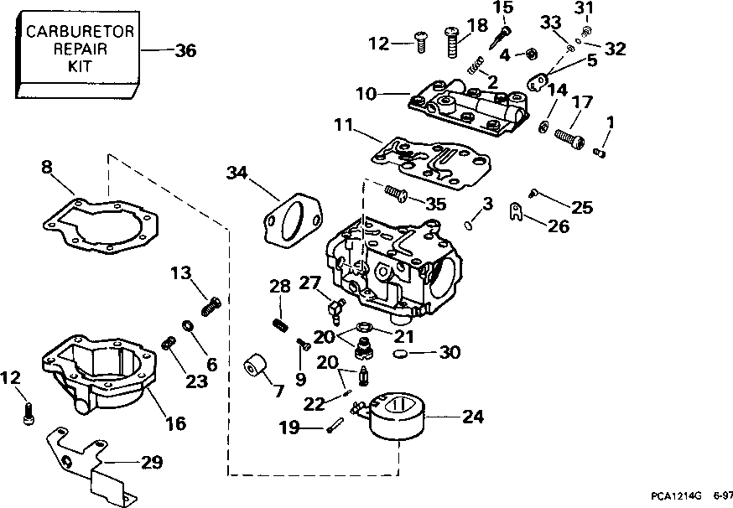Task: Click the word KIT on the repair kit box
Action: (80, 65)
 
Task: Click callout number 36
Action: (185, 50)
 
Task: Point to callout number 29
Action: (152, 461)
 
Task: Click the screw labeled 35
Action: (396, 194)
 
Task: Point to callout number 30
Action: (450, 353)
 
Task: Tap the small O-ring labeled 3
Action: (471, 223)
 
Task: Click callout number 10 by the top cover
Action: (366, 93)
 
